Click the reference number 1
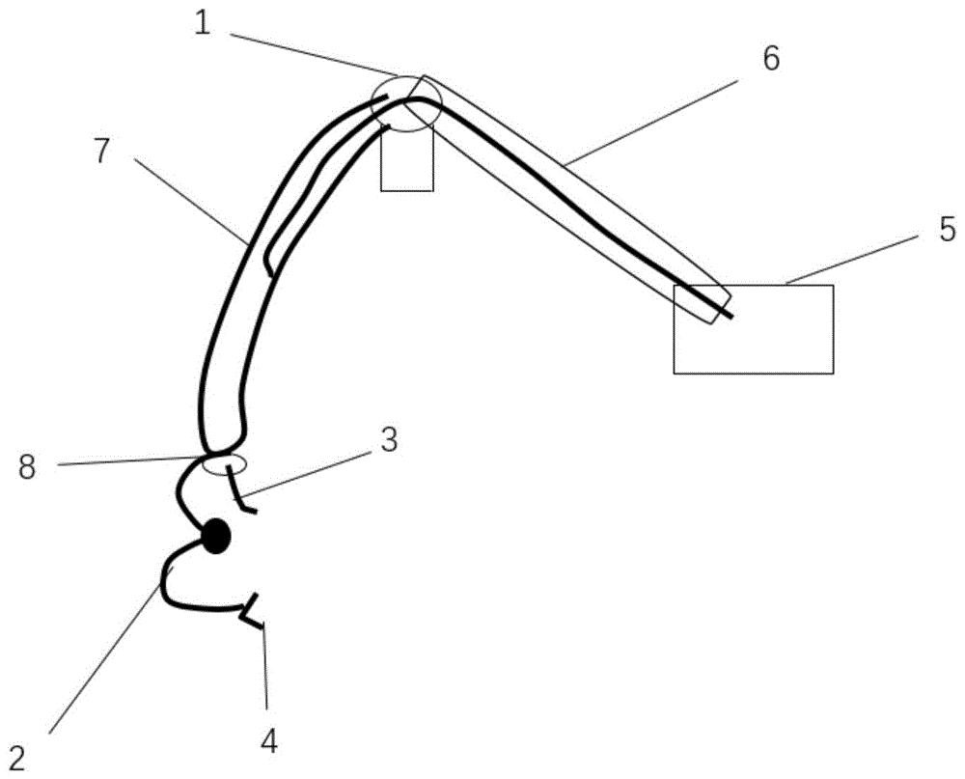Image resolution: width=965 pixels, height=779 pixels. click(203, 24)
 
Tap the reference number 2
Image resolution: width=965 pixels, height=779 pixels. click(17, 759)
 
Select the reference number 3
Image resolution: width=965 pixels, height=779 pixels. click(388, 440)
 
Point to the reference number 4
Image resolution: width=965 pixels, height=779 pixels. click(269, 741)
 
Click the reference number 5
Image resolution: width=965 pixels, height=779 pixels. click(948, 229)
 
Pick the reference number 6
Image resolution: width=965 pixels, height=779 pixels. click(771, 59)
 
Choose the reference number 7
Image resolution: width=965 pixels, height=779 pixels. click(101, 151)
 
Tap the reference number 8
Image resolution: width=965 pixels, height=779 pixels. click(27, 467)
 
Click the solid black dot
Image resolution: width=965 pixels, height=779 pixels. click(216, 537)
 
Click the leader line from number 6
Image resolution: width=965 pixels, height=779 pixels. click(649, 119)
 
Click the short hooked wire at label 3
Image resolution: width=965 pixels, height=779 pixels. click(239, 490)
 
